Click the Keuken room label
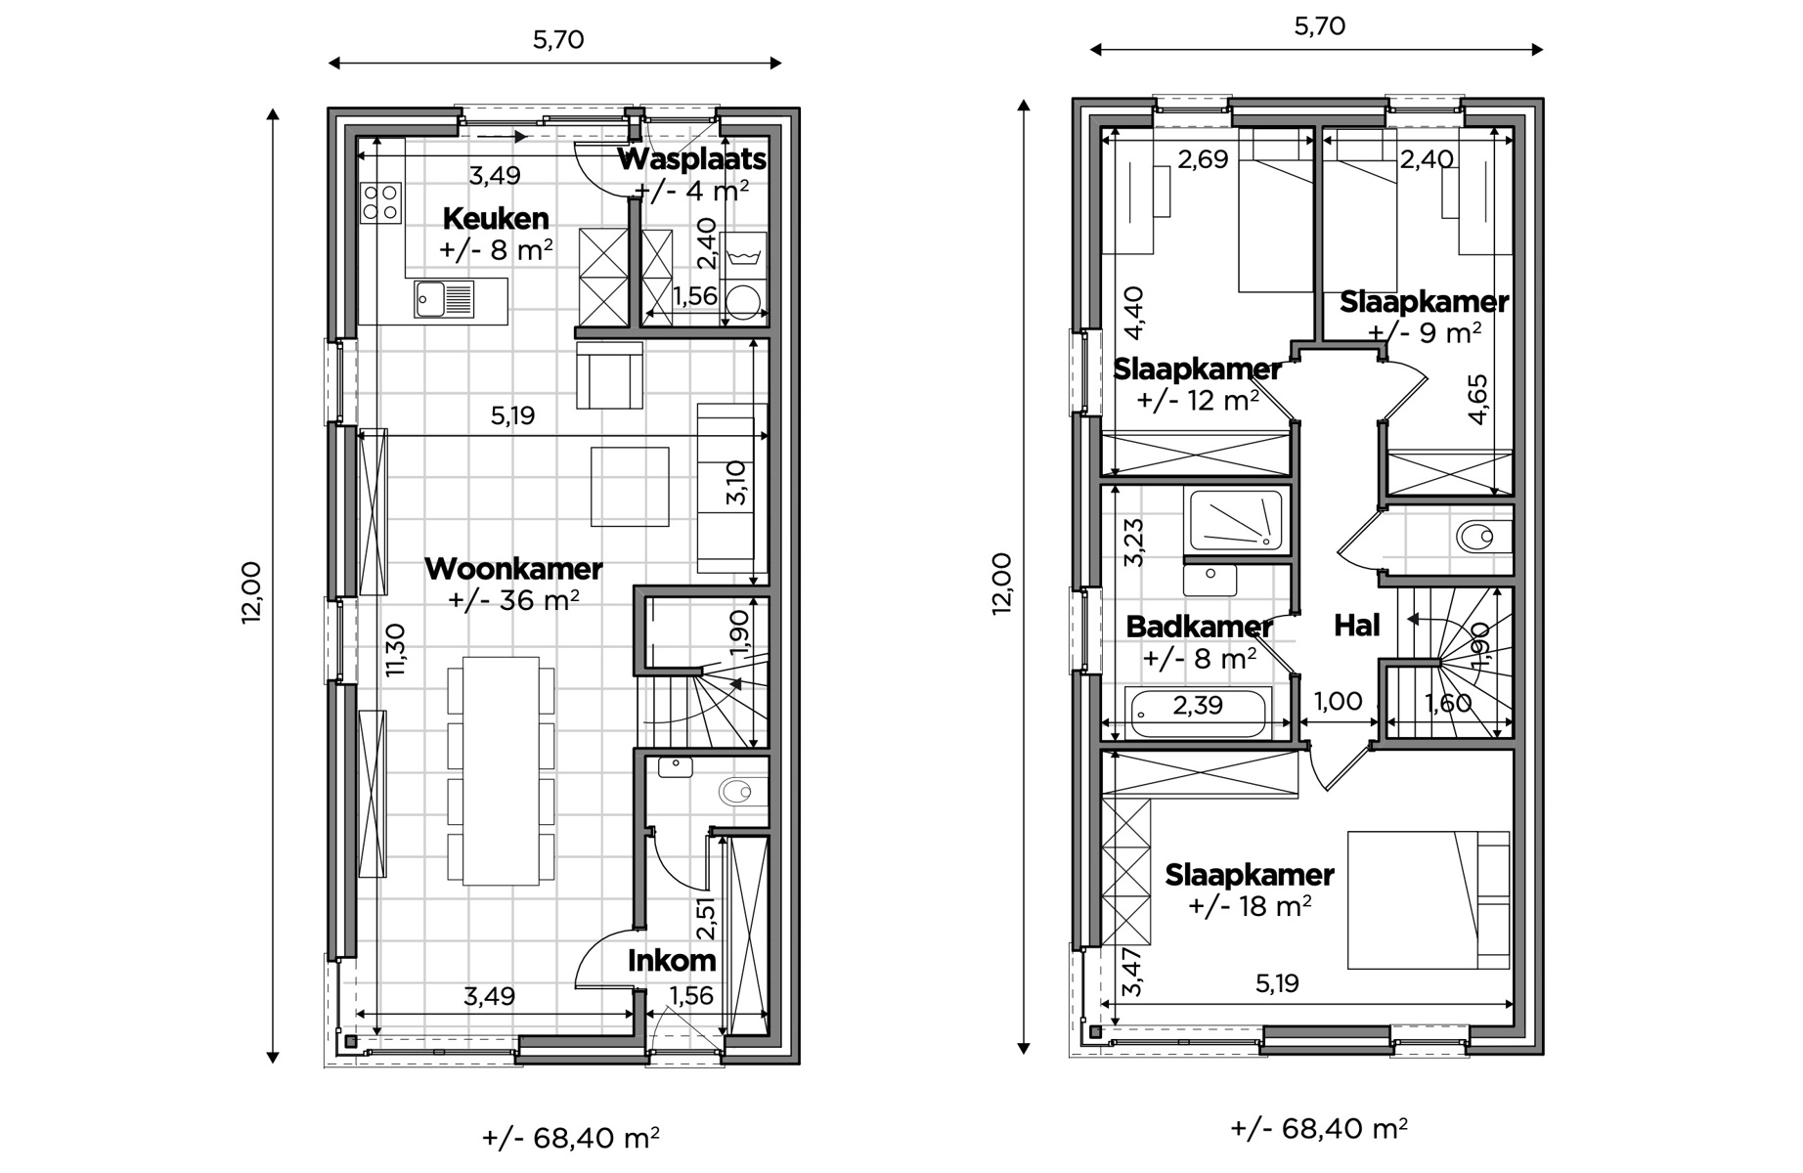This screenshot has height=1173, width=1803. [496, 218]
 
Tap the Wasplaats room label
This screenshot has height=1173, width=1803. [692, 159]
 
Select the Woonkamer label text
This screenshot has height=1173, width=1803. [513, 568]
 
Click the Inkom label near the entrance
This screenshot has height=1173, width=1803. [672, 961]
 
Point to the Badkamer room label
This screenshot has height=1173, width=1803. [1200, 627]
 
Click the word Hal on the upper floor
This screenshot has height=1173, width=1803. [1357, 626]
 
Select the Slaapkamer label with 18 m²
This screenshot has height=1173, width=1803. [1250, 875]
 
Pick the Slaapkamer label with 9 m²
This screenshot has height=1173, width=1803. [1424, 302]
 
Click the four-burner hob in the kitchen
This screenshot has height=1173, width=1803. [380, 202]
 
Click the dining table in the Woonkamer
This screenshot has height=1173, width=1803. [502, 771]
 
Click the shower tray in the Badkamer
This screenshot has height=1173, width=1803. [1235, 519]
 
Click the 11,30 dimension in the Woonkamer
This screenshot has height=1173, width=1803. [395, 650]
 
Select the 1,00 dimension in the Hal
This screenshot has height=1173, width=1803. [1338, 701]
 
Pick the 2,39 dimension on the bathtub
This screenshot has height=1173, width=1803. [1198, 705]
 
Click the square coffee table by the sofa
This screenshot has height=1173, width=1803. [630, 486]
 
